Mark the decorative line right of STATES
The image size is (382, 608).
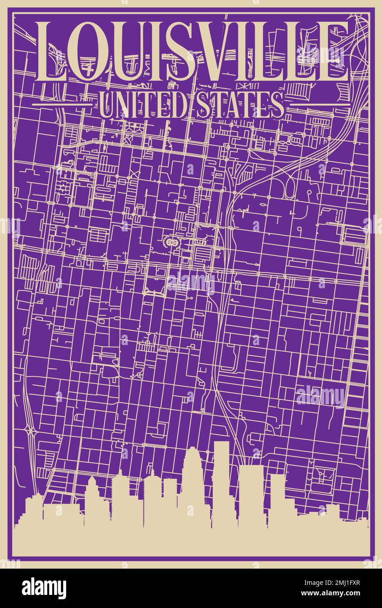(319, 105)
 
